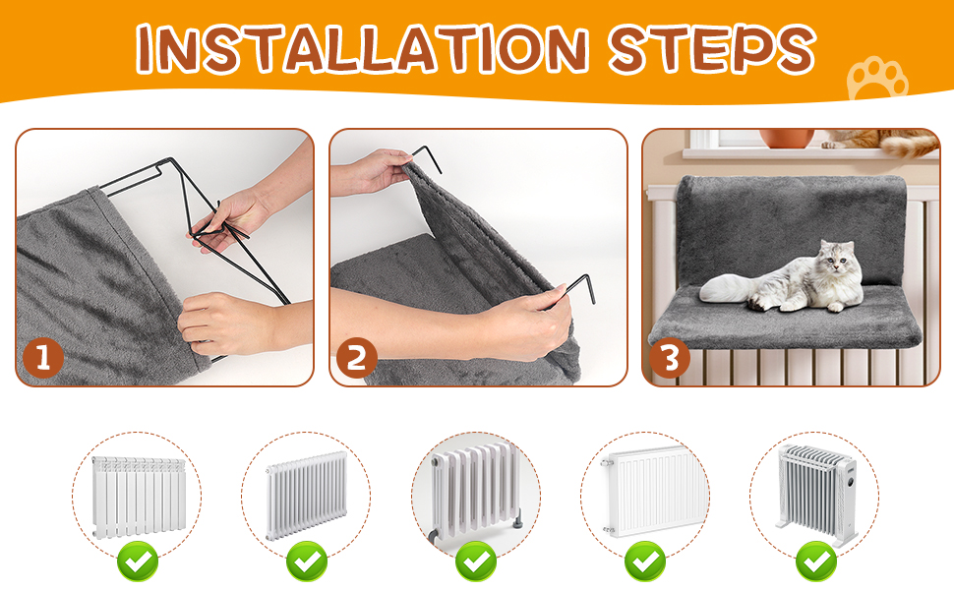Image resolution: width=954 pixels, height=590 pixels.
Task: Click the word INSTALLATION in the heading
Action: [362, 48]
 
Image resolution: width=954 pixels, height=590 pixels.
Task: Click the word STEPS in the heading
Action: [712, 48]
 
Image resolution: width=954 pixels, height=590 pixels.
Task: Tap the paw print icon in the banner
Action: [876, 79]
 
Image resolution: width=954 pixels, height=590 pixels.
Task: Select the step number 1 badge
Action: [43, 358]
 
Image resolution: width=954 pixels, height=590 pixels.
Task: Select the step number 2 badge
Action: [357, 358]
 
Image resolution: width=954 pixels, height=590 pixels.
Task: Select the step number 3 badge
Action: [669, 358]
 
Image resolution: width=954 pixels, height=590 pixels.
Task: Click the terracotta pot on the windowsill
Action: [787, 138]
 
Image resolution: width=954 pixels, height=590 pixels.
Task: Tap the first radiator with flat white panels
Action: [138, 497]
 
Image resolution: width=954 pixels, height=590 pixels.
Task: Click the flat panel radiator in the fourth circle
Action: [647, 491]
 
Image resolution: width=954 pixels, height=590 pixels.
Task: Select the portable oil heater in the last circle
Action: [816, 494]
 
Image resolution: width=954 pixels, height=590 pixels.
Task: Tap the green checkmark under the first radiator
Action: [138, 560]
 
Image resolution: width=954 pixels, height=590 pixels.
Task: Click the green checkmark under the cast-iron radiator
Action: [476, 560]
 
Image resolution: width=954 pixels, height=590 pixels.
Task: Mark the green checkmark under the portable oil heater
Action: [816, 560]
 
